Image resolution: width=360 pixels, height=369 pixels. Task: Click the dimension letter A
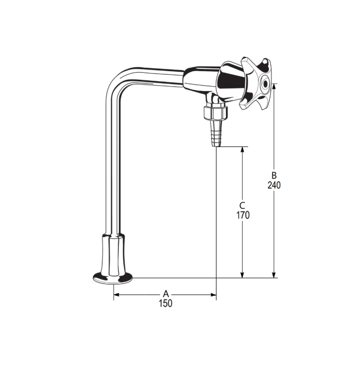tap(166, 294)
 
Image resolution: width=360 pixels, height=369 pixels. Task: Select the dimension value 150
tap(166, 303)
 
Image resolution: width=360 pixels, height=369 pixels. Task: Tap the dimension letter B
tap(274, 175)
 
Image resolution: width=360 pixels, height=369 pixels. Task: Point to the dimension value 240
tap(274, 185)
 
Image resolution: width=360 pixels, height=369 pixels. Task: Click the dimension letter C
tap(242, 205)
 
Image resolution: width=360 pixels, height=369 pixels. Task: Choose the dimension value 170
tap(242, 215)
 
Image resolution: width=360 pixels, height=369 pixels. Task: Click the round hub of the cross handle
tap(264, 84)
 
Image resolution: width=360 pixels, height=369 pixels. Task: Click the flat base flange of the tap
tap(112, 278)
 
